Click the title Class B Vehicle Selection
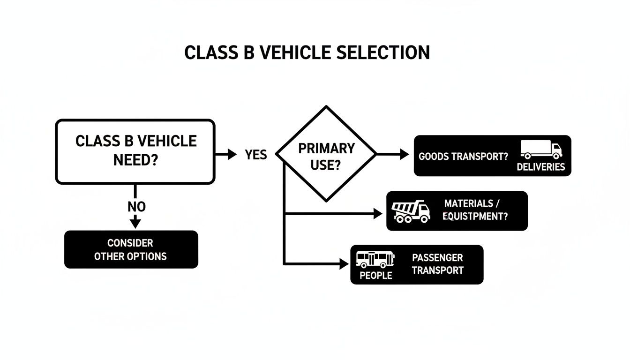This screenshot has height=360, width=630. [307, 52]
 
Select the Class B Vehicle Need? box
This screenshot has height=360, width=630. [135, 151]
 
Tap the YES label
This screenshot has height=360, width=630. [256, 154]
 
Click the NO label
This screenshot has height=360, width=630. [136, 206]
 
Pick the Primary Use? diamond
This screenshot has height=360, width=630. [326, 154]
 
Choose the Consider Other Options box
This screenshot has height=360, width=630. [131, 249]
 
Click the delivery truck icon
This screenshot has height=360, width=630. [541, 150]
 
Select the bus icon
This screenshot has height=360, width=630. [375, 259]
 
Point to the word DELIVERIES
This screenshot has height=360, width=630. [540, 167]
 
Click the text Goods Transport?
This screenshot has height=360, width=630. [463, 157]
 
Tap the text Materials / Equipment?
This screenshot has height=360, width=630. [475, 210]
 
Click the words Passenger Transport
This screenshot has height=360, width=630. [437, 264]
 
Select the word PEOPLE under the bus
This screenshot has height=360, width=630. [375, 276]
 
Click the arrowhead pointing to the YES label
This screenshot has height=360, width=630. [232, 154]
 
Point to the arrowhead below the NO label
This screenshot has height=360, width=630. [135, 222]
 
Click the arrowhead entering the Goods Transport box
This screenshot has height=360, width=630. [404, 154]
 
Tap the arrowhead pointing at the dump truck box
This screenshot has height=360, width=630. [377, 214]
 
